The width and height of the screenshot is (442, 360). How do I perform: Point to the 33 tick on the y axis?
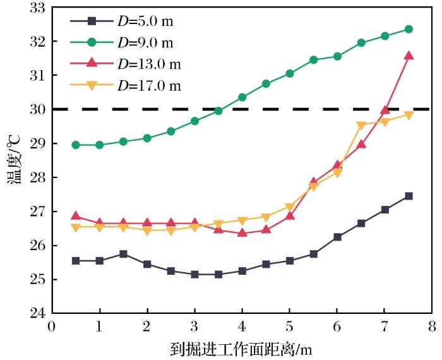pos(37,8)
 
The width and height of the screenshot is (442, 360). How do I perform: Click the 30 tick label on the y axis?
pos(37,109)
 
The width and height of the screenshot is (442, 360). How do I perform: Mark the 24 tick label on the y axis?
pos(37,313)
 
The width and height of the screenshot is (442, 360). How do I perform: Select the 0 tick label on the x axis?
pos(52,327)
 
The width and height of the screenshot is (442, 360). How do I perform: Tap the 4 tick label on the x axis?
pos(242,327)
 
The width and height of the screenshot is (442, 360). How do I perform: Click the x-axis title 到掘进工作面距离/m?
pos(242,348)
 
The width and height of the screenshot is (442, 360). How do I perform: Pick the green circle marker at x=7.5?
pos(409,29)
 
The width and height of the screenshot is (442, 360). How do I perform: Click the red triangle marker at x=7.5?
pos(409,56)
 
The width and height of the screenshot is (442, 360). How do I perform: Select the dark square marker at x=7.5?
pos(409,196)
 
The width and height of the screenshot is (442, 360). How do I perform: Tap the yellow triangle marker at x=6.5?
pos(361,125)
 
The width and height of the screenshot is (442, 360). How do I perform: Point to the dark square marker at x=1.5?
pos(123,254)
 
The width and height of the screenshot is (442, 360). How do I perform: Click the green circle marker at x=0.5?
pos(76,145)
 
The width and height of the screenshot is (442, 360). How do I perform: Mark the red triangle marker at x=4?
pos(242,233)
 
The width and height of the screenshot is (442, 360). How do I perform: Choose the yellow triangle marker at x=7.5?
pos(409,115)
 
